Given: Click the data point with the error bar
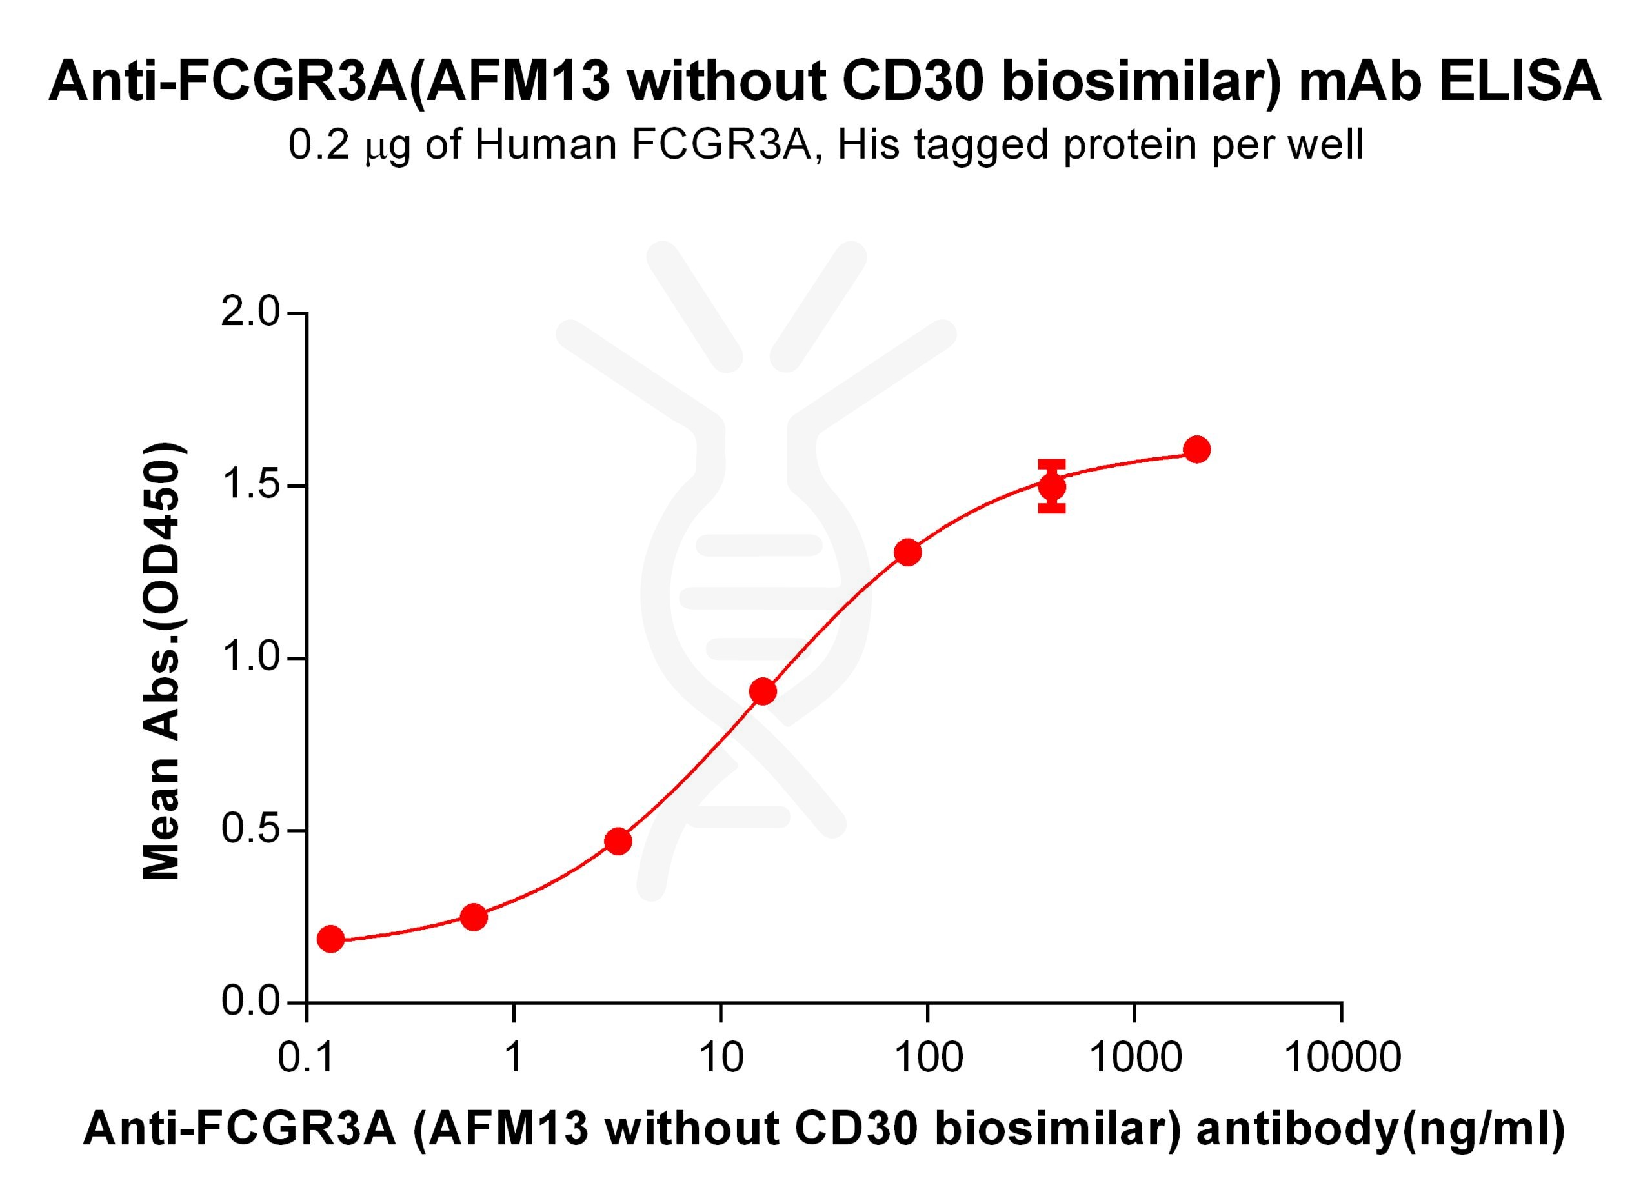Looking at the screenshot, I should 1052,486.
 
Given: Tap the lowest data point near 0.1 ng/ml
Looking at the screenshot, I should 330,939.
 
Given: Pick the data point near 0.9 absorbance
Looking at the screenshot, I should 763,691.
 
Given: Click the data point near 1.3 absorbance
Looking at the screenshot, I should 907,553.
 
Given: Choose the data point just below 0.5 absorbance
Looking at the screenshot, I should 618,841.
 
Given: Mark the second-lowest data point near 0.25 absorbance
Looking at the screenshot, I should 474,917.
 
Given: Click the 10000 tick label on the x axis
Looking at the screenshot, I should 1342,1057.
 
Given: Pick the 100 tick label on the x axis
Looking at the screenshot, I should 928,1057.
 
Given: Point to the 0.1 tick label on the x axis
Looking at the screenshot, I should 307,1057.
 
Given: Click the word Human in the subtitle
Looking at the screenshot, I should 545,145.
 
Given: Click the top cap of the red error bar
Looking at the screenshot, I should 1052,463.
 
